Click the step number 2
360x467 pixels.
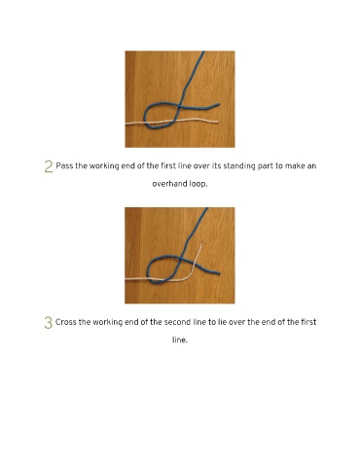[49, 166]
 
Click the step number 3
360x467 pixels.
[48, 323]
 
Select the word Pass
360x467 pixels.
[64, 166]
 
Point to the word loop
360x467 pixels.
[198, 185]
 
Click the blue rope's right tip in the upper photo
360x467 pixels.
[219, 104]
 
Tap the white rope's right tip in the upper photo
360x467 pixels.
[217, 122]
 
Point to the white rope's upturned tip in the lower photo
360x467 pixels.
[201, 242]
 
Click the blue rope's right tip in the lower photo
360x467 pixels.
[220, 273]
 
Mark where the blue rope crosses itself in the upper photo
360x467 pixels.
[179, 106]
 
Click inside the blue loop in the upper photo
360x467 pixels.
[160, 115]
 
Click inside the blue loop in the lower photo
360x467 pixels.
[162, 269]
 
